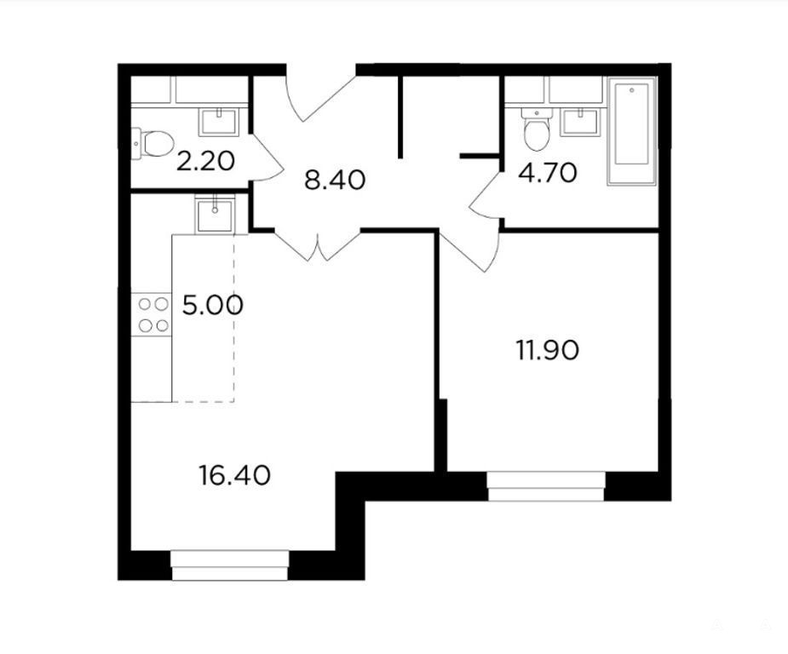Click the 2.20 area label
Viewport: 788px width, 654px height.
pos(205,162)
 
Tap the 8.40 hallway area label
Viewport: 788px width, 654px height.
pos(335,181)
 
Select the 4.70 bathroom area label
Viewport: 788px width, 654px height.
pos(548,174)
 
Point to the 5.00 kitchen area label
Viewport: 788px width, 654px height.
pos(213,306)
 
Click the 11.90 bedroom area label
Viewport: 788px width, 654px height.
pos(548,350)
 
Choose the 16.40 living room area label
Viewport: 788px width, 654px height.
pos(234,475)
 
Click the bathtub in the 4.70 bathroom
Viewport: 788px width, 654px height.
pos(632,131)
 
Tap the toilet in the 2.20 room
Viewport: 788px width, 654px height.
pos(152,143)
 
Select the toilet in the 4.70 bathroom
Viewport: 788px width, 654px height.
pos(537,129)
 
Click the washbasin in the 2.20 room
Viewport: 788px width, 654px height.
pos(219,123)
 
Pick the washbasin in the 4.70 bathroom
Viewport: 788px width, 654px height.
pos(580,123)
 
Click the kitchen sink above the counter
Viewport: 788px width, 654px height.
pos(215,215)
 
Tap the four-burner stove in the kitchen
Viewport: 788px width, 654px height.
pos(152,314)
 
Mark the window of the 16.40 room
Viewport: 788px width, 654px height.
pos(230,565)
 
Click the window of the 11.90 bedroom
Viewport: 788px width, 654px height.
pos(546,486)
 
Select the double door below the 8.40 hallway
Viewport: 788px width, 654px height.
pos(318,245)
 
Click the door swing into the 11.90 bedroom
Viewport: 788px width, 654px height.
pos(470,251)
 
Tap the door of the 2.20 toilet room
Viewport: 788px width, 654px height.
pos(265,158)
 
